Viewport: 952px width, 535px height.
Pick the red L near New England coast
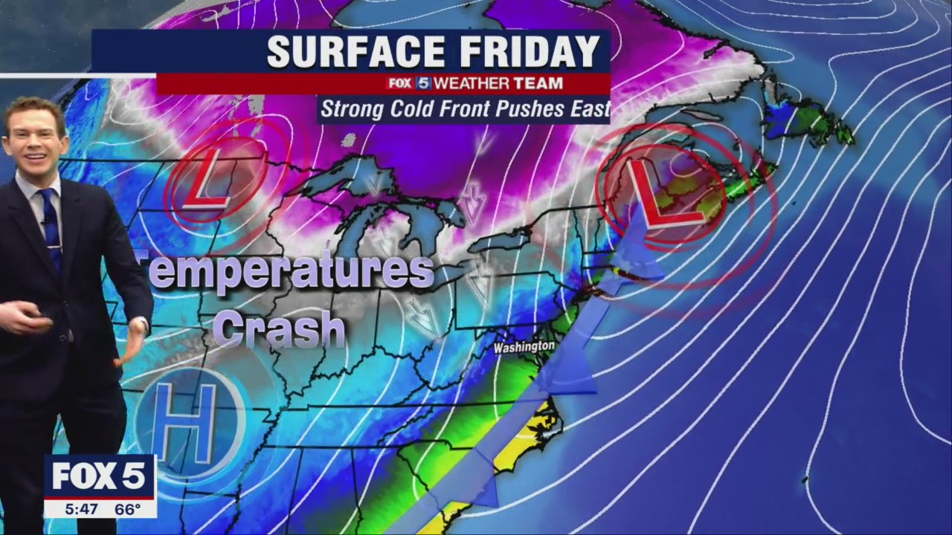pyautogui.click(x=658, y=195)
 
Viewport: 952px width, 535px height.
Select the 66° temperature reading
pyautogui.click(x=128, y=510)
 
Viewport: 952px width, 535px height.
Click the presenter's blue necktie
pyautogui.click(x=51, y=223)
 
